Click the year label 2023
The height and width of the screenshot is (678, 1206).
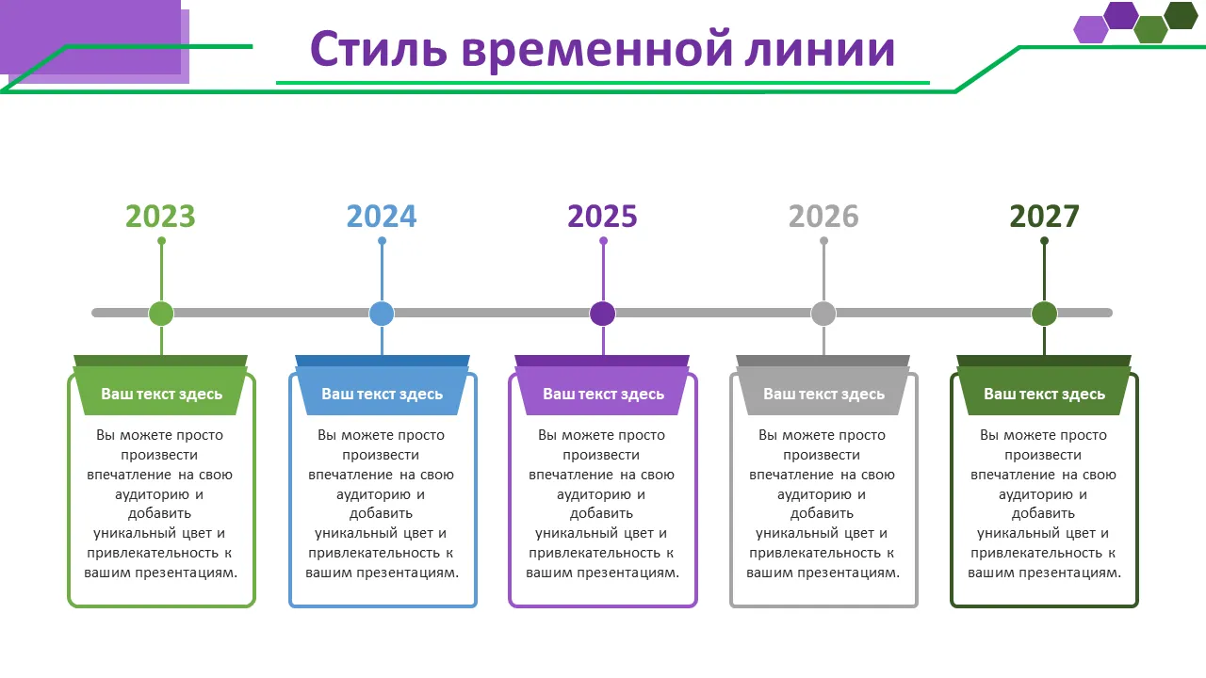tap(160, 217)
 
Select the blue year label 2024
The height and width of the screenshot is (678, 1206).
tap(382, 217)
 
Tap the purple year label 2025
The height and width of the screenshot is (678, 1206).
tap(602, 217)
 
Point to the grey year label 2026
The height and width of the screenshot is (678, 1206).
tap(823, 217)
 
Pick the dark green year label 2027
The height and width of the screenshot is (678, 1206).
tap(1045, 217)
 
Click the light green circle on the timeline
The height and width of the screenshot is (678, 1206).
tap(161, 314)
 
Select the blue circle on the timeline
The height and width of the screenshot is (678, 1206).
tap(382, 314)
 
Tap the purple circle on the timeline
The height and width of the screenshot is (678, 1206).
tap(602, 314)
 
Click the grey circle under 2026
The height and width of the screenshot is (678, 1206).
tap(823, 314)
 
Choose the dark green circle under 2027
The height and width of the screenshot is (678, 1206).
tap(1045, 314)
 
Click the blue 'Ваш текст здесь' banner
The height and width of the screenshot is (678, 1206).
tap(383, 391)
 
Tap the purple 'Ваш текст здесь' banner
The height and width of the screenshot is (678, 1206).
tap(602, 391)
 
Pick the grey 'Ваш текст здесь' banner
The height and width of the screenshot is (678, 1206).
tap(823, 391)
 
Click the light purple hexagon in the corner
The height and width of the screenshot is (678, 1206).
tap(1091, 29)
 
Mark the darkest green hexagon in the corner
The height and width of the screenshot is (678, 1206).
tap(1181, 15)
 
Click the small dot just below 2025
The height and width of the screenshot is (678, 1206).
tap(603, 241)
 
